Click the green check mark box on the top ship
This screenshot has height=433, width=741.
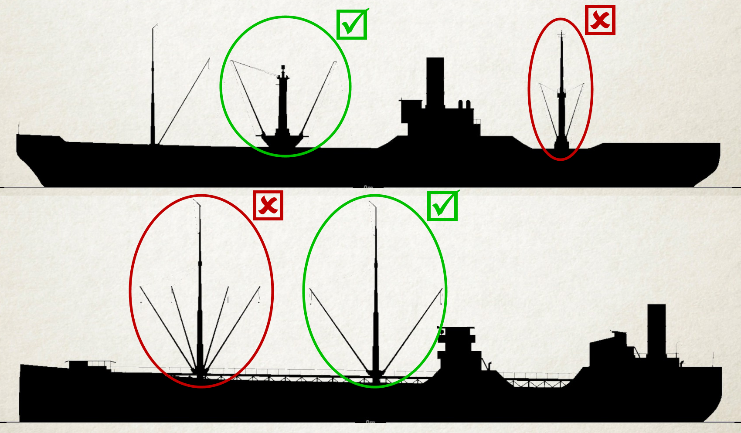pos(352,24)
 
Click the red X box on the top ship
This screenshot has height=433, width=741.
pos(600,20)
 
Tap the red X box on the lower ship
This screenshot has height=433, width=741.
pos(268,205)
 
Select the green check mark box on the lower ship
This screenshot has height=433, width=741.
pos(442,206)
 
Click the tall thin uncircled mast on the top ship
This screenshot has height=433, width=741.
pos(153,87)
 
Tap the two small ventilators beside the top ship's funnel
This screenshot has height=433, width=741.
pos(464,105)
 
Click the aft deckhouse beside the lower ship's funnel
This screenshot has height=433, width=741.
pos(610,353)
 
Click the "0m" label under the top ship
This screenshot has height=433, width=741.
pos(368,187)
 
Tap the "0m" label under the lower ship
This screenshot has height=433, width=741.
pos(370,422)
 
